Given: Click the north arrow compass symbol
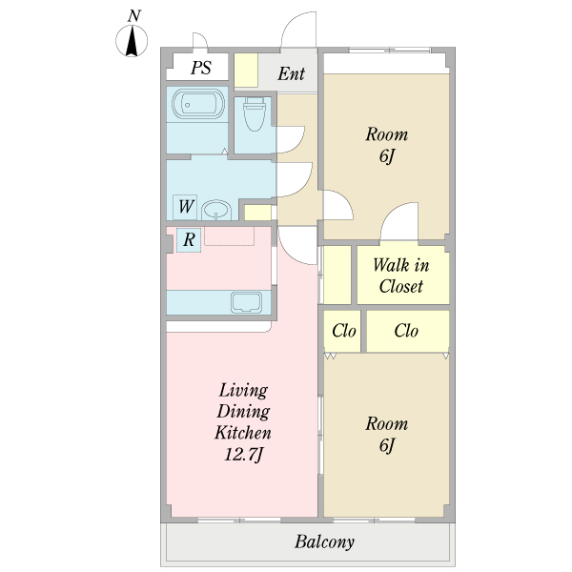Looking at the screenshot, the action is coord(132,40).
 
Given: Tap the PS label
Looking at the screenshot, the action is coord(201,68).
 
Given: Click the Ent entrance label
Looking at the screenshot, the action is coord(291,73).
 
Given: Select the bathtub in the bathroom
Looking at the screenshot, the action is coord(198,104).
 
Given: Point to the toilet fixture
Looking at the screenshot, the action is coord(254,113).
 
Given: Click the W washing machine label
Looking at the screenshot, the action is coord(186,207).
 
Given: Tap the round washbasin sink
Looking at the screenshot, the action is coord(216,210).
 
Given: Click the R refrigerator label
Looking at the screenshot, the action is coord(189,239).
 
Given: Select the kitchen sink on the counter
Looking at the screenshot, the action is coord(247,302).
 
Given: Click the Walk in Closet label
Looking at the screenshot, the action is coord(401,276).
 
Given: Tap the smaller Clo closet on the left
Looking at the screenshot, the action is coord(342,331).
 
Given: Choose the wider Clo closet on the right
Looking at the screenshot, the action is coord(408,331).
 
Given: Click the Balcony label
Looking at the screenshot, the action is coord(324,542).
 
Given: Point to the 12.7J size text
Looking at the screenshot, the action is coord(243,455).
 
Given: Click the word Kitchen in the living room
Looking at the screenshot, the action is coord(243,433).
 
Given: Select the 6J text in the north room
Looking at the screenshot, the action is coord(387,156).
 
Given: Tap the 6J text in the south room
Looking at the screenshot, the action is coord(387,445).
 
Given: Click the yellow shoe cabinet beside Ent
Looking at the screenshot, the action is coord(246,70).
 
